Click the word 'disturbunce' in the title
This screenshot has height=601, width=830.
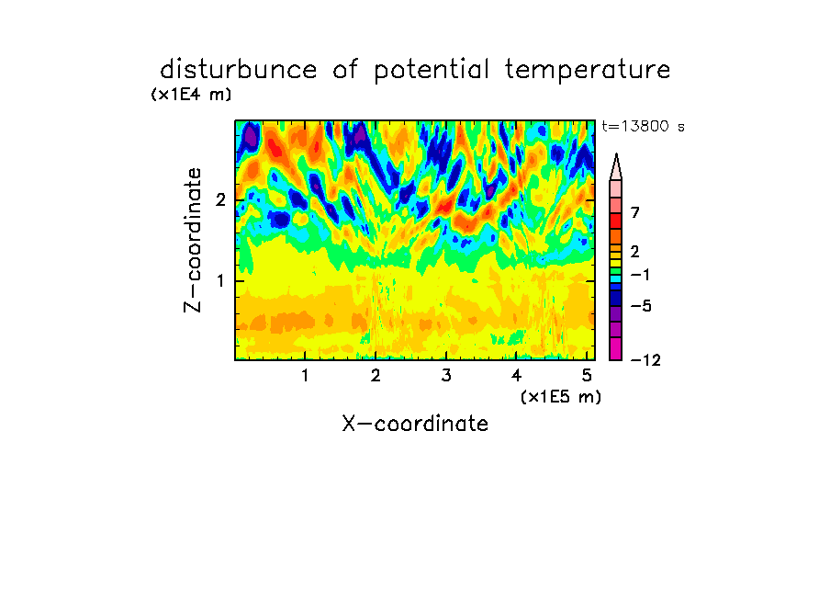click(x=239, y=69)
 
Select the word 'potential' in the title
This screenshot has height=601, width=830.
click(x=431, y=71)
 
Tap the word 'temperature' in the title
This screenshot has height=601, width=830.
click(x=588, y=70)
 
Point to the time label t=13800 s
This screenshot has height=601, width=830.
click(x=643, y=126)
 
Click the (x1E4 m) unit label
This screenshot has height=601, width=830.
click(x=191, y=95)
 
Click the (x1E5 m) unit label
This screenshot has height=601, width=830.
click(x=561, y=396)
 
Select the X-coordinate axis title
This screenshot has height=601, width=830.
click(x=415, y=424)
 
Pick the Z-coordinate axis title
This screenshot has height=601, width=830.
click(x=193, y=240)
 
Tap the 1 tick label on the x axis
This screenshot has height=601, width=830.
click(x=305, y=376)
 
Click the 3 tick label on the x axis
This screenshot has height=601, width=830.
click(x=446, y=376)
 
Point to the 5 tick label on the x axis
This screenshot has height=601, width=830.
click(x=587, y=376)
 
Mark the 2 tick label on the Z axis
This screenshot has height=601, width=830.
click(x=220, y=200)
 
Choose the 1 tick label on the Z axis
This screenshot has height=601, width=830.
click(x=220, y=281)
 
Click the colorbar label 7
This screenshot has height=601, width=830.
click(x=635, y=213)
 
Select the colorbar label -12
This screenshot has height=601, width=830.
click(x=645, y=360)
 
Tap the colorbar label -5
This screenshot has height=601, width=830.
click(x=641, y=306)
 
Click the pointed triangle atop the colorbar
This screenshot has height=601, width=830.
click(x=616, y=167)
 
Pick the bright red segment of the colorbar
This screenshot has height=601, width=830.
click(x=616, y=221)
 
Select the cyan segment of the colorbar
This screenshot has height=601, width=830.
click(x=616, y=278)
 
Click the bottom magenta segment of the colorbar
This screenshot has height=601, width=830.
click(x=616, y=348)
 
